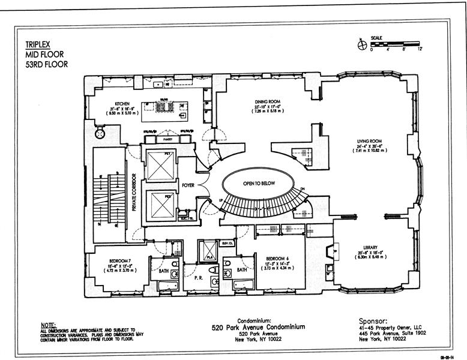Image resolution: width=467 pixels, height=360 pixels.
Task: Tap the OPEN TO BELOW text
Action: click(259, 184)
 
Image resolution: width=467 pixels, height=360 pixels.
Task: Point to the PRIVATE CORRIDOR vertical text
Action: click(135, 194)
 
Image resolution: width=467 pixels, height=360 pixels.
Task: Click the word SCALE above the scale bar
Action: click(377, 37)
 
